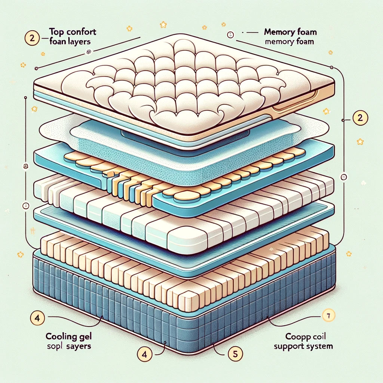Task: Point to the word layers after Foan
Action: [x=80, y=41]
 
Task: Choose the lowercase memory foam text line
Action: [x=289, y=42]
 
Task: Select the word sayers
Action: [x=79, y=346]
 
